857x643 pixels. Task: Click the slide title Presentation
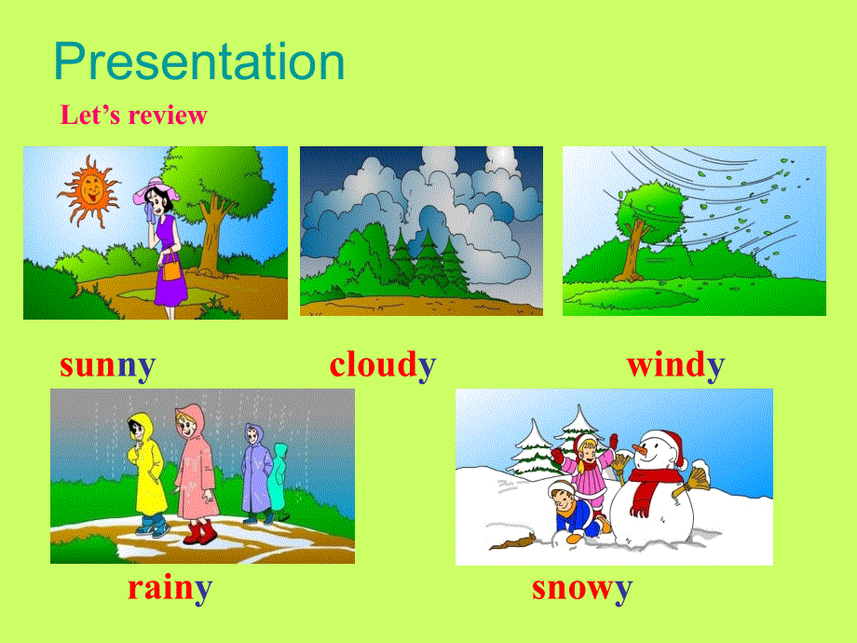[199, 62]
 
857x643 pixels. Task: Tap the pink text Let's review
[133, 116]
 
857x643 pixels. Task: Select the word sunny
[107, 364]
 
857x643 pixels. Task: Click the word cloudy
[382, 364]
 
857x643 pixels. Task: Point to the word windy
[675, 364]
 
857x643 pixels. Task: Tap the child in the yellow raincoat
[146, 471]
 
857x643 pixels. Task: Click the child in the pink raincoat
[194, 471]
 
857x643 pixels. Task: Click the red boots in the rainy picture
[197, 533]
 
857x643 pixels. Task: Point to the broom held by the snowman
[694, 481]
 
